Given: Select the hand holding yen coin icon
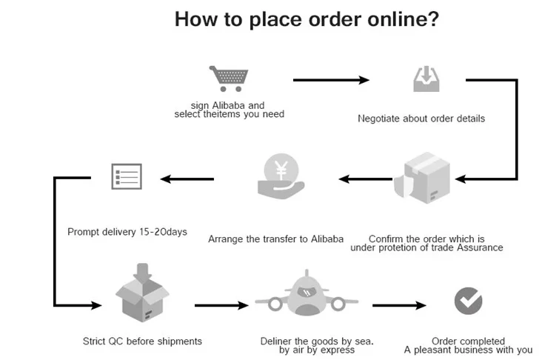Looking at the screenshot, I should tap(278, 177).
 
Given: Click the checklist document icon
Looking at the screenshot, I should tap(125, 176).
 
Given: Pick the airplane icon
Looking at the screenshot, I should tap(306, 298).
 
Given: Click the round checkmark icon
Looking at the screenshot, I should tap(468, 301).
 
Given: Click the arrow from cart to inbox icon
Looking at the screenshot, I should tap(331, 79).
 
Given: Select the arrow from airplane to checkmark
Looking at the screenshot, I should tap(400, 304).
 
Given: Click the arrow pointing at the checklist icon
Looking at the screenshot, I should tap(188, 178).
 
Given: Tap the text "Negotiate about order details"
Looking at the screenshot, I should tap(421, 119).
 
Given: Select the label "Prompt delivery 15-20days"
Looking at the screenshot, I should tap(127, 232).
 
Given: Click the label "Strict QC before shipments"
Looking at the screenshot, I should tap(142, 341).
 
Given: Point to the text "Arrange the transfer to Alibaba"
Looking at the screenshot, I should tap(276, 239).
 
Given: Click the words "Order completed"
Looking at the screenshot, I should tap(468, 341).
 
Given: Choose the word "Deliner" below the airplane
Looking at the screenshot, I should tap(276, 341).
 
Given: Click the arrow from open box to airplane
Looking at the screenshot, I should tap(221, 304).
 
